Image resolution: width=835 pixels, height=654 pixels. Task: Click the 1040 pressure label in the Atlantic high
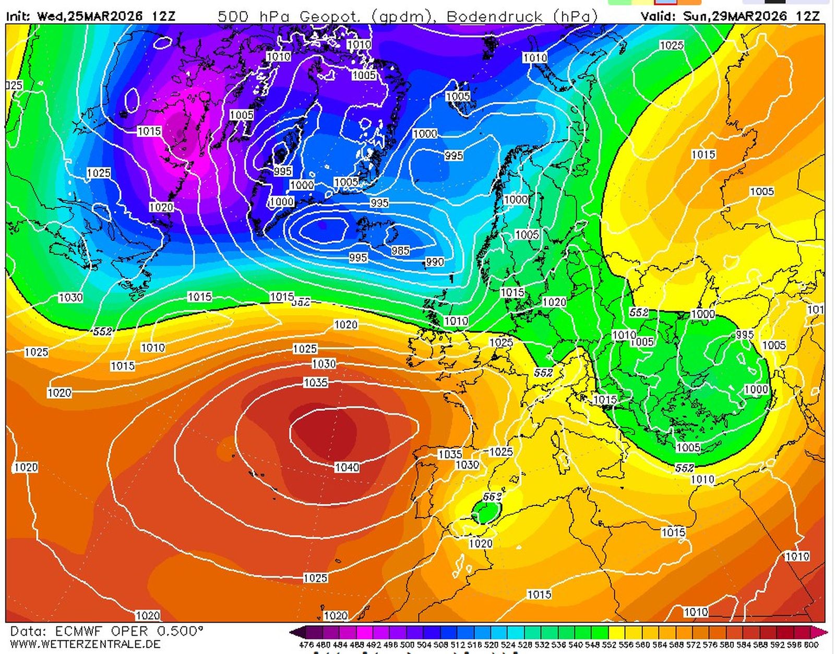tap(347, 467)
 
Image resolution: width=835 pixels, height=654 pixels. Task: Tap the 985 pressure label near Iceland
tap(400, 251)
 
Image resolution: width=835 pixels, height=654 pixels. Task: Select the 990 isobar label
tap(434, 262)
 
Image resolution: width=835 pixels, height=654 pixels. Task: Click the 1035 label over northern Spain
tap(450, 454)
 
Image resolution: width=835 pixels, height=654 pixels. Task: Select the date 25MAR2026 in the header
tap(104, 16)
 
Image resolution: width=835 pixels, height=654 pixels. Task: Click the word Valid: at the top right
tap(659, 16)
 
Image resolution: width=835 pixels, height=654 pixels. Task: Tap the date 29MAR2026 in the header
tap(751, 16)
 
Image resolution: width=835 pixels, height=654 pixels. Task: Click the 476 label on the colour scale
tap(306, 645)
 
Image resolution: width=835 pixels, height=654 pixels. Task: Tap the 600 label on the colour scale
tap(811, 645)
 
